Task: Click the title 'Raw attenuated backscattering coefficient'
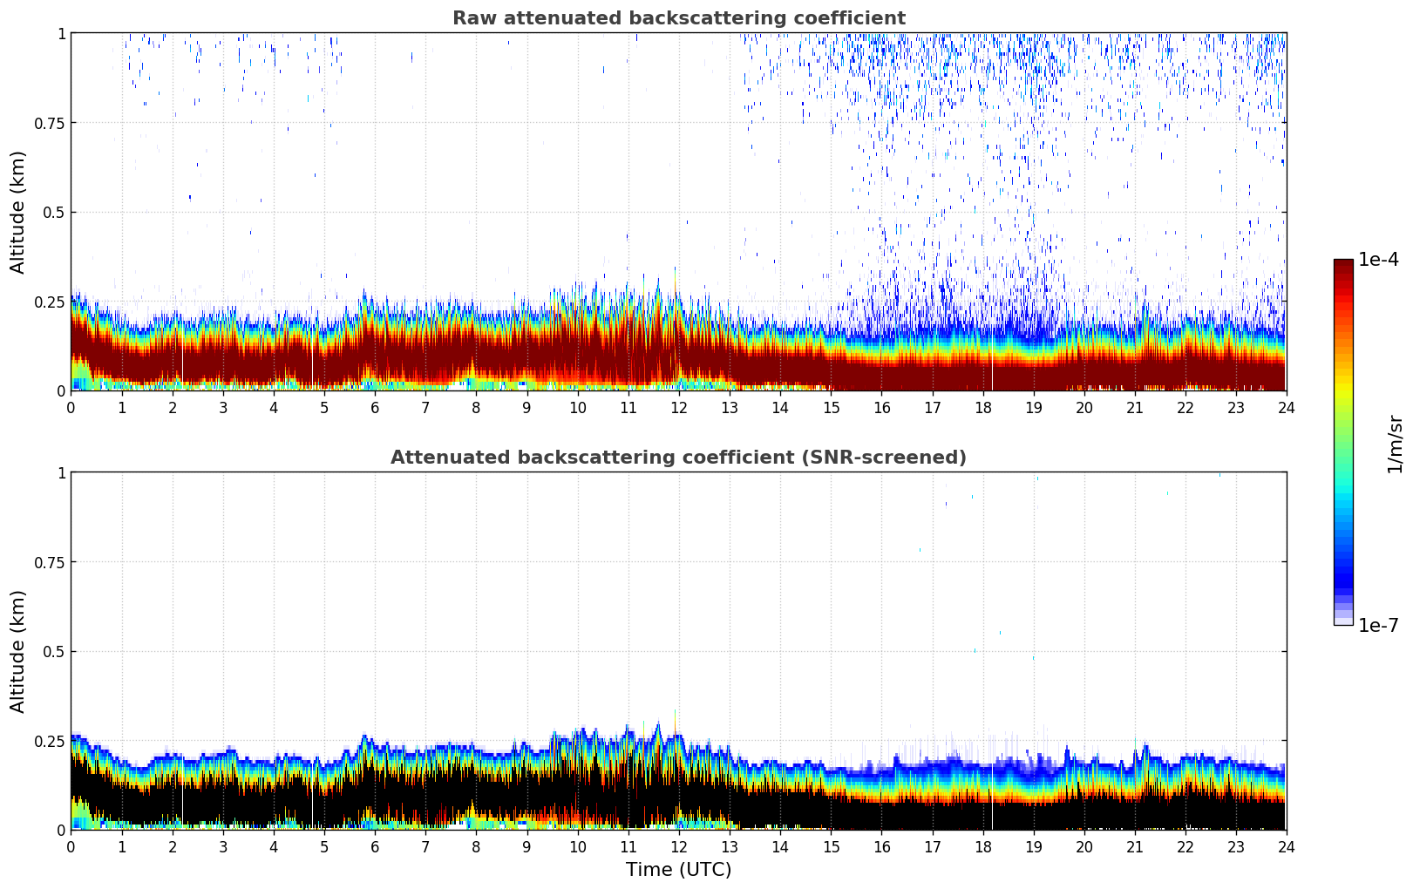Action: (678, 18)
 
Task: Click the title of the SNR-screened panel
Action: (678, 458)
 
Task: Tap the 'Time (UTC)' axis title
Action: (678, 870)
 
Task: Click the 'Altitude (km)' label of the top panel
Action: (18, 212)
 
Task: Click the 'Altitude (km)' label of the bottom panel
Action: (18, 651)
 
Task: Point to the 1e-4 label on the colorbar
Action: (1378, 260)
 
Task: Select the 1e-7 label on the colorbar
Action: (1378, 626)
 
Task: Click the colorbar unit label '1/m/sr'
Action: (1395, 444)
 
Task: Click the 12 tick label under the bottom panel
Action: (679, 847)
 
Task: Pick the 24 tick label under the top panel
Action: (1287, 408)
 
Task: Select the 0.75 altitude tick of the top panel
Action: (49, 123)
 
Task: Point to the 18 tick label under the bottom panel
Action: (983, 847)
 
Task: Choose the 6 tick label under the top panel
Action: (375, 408)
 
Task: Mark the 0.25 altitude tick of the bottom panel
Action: (49, 742)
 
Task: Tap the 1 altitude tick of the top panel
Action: (61, 34)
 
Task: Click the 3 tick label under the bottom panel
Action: (223, 847)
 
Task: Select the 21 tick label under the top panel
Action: (1135, 408)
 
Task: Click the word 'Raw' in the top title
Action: (472, 18)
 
